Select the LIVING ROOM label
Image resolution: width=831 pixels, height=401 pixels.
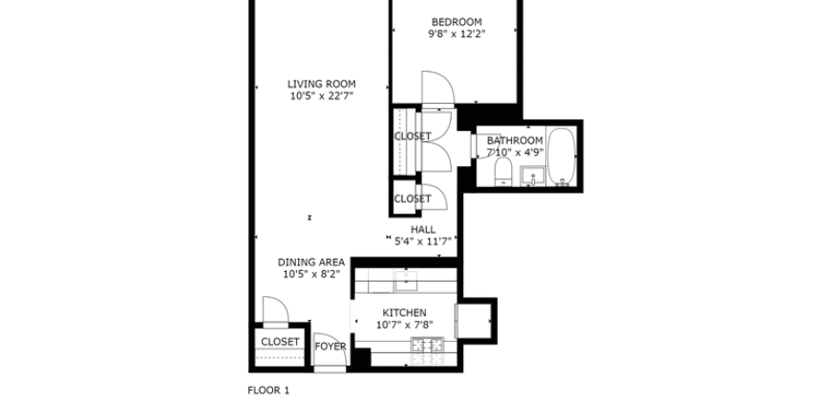(x=321, y=84)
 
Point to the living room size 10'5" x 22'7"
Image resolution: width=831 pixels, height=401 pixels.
(x=321, y=96)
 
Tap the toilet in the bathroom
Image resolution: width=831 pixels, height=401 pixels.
(x=502, y=173)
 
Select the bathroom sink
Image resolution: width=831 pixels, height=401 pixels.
(x=532, y=176)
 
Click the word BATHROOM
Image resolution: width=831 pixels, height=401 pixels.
(x=515, y=140)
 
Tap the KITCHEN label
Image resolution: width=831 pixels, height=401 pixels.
(x=404, y=313)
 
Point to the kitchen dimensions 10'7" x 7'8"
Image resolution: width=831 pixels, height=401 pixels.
(x=404, y=326)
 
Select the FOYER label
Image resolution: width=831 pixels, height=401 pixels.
(x=330, y=347)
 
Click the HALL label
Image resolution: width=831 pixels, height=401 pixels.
(x=423, y=230)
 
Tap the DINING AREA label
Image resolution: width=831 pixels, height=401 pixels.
(x=311, y=263)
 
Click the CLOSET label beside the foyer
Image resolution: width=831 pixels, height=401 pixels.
(x=280, y=341)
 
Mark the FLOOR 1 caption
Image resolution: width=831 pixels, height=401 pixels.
(x=267, y=390)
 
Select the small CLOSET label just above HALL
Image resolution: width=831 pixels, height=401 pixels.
(x=413, y=199)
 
